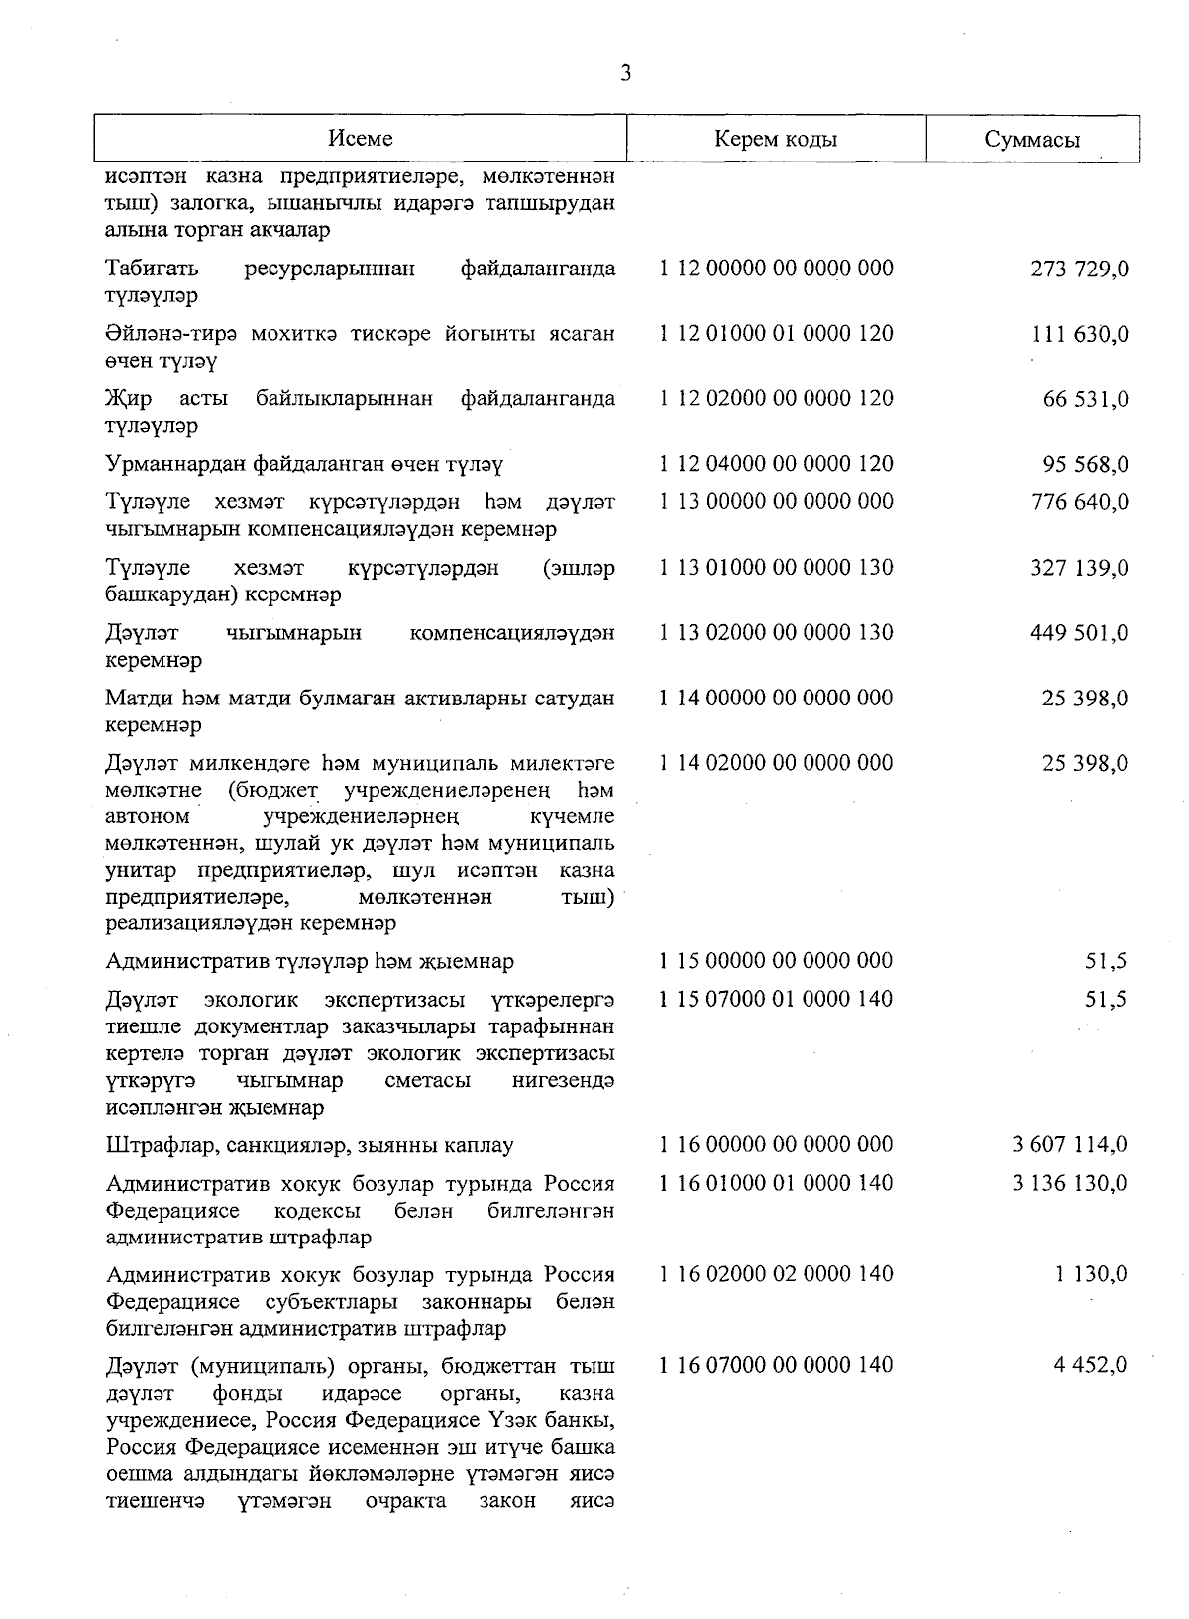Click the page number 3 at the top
pos(625,73)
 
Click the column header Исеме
pos(361,139)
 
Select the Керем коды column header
pos(776,139)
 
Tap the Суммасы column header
pos(1032,140)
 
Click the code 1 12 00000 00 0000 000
pos(776,269)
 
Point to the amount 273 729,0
pos(1079,270)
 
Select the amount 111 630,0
pos(1079,335)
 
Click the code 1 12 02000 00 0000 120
pos(776,399)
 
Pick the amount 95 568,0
pos(1085,465)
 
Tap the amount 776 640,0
pos(1079,502)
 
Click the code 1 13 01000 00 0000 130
pos(776,568)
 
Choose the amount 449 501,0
pos(1079,633)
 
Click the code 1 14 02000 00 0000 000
pos(776,763)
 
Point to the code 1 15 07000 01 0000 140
pos(776,999)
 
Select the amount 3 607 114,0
pos(1069,1146)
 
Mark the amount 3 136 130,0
pos(1069,1184)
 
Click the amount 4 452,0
pos(1090,1366)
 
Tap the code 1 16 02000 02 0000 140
pos(776,1275)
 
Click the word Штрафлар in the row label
pos(162,1147)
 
